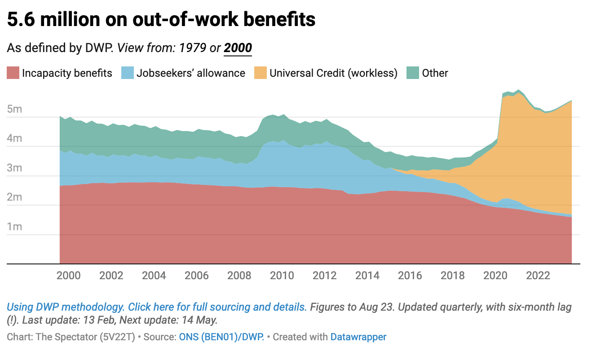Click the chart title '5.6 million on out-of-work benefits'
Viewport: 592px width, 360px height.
pos(161,20)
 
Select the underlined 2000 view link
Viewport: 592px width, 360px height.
pos(238,48)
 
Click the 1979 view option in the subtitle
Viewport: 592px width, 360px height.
pos(193,48)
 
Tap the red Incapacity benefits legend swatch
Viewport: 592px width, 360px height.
pos(13,73)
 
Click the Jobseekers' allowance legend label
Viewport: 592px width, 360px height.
pos(191,73)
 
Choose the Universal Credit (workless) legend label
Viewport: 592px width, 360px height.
pos(333,73)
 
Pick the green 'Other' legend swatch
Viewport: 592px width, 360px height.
pos(412,73)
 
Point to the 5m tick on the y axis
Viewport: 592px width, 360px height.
pos(15,110)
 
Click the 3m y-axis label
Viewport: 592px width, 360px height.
pos(15,168)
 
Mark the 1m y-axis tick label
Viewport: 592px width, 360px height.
pos(15,227)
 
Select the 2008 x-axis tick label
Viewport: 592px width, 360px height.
pos(239,275)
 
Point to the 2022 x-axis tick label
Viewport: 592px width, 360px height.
pos(538,275)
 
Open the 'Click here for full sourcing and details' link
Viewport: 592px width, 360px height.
pos(217,307)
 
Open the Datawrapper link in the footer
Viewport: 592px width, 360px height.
pos(358,337)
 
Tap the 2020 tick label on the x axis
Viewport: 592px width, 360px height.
pos(495,275)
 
